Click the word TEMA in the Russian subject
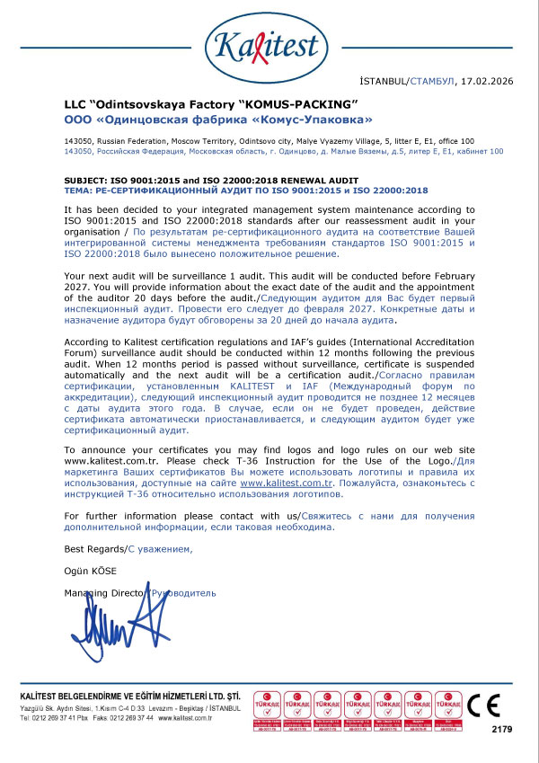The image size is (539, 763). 78,191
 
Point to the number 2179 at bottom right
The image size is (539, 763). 501,730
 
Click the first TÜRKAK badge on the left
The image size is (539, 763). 269,706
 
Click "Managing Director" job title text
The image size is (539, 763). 104,594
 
